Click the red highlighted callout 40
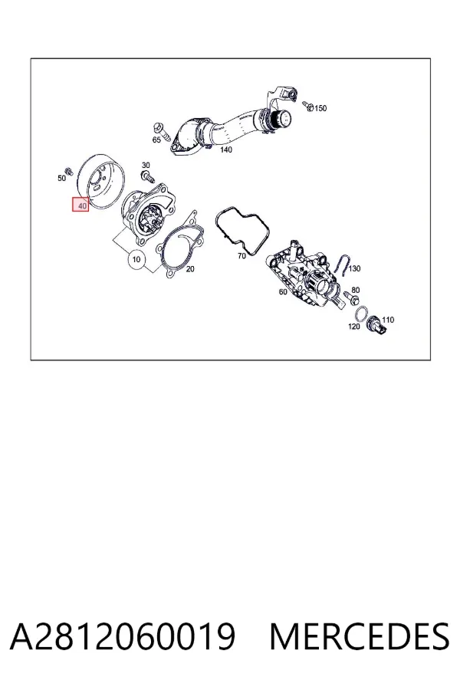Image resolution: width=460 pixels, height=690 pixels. coord(81,205)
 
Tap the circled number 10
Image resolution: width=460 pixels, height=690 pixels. coord(136,259)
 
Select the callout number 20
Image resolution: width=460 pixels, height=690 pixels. coord(190,269)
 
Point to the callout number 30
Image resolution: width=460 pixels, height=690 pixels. coord(146,166)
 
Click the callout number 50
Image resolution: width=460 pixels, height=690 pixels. coord(61,178)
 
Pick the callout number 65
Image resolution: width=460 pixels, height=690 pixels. coord(156,140)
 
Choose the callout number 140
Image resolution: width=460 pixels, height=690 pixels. coord(226,149)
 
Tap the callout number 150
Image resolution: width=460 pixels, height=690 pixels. coord(321,108)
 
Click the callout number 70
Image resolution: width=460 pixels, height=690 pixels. coord(242,256)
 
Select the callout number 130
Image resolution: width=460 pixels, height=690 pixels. coord(354,268)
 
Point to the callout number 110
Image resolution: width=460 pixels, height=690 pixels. coord(388,320)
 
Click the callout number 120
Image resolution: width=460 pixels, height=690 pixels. coord(354,327)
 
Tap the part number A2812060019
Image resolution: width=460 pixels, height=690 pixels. coord(123,636)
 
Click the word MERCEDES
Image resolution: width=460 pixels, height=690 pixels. coord(360,636)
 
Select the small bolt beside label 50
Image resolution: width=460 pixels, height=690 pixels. coord(69,170)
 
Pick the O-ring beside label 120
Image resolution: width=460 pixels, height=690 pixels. coord(362,314)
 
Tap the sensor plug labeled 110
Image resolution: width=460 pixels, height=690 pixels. coord(377,324)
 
